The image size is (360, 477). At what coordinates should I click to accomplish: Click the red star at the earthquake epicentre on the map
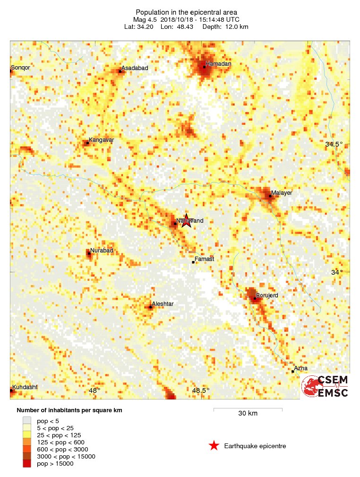tap(186, 220)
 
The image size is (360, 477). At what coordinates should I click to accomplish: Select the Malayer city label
tap(282, 193)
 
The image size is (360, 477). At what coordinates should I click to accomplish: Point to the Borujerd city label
tap(267, 295)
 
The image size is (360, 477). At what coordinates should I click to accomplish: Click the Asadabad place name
tap(135, 68)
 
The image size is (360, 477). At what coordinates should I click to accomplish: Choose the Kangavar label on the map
tap(101, 140)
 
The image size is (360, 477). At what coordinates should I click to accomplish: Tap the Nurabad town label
tap(102, 251)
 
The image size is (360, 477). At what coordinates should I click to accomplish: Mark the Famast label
tap(204, 259)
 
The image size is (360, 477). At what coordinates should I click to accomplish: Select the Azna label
tap(300, 368)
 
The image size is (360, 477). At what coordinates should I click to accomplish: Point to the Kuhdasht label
tap(25, 387)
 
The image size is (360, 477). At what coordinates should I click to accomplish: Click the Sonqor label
tap(20, 68)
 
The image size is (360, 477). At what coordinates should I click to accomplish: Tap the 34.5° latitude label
tap(334, 144)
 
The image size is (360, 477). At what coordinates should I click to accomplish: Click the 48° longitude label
tap(94, 390)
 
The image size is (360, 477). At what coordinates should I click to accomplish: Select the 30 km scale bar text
tap(248, 414)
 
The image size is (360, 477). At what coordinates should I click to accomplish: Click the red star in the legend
tap(214, 445)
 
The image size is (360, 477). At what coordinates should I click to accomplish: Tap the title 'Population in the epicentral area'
tap(186, 12)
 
